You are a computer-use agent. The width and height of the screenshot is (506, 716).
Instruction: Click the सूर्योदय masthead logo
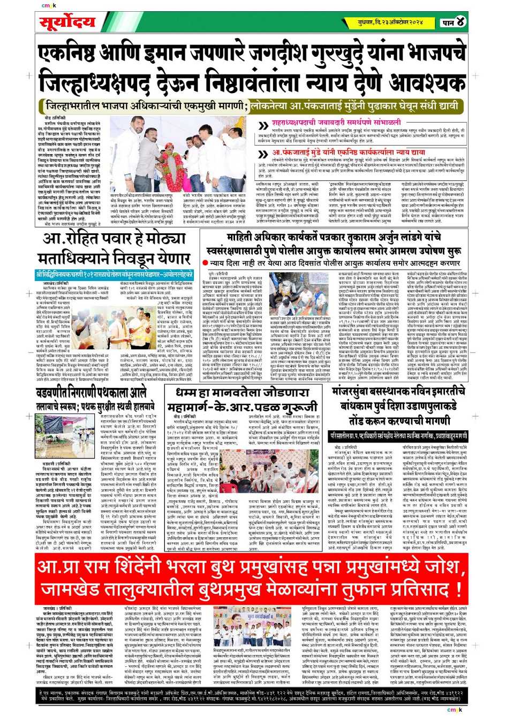coord(67,23)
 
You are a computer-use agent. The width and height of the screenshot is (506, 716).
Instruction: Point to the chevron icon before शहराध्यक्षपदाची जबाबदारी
coord(263,126)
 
